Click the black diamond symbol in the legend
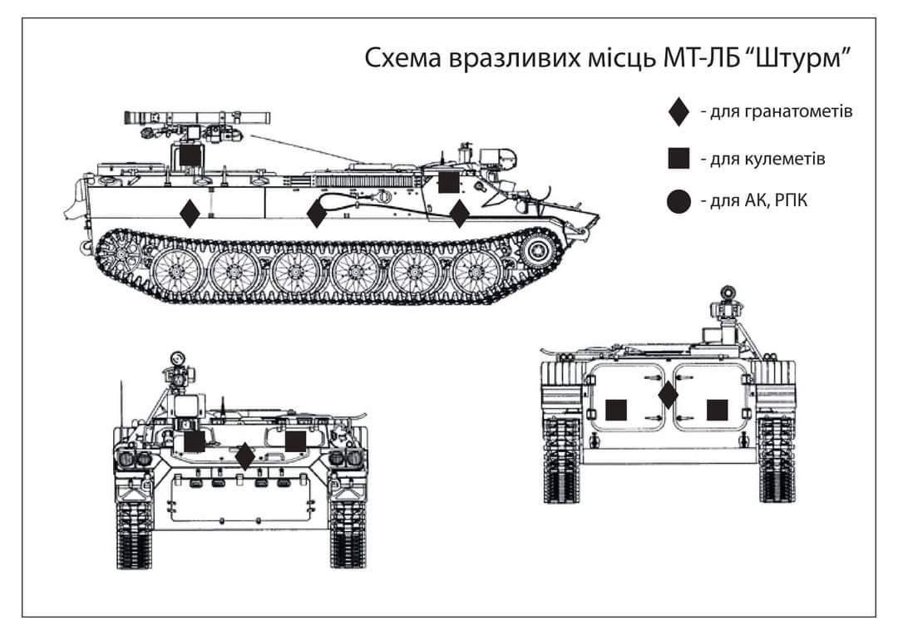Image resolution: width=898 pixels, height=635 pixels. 679,111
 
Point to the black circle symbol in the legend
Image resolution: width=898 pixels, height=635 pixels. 679,201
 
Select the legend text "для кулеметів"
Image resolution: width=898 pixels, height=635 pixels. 762,158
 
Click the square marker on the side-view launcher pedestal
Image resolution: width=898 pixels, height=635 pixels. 190,154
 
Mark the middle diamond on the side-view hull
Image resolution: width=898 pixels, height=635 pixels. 316,214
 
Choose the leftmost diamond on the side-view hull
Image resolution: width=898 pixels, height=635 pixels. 190,214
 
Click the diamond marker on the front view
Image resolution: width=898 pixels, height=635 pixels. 244,455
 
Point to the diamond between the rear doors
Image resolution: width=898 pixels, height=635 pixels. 668,396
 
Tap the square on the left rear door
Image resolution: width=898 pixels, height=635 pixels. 616,410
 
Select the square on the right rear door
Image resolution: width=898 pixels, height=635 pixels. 717,410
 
